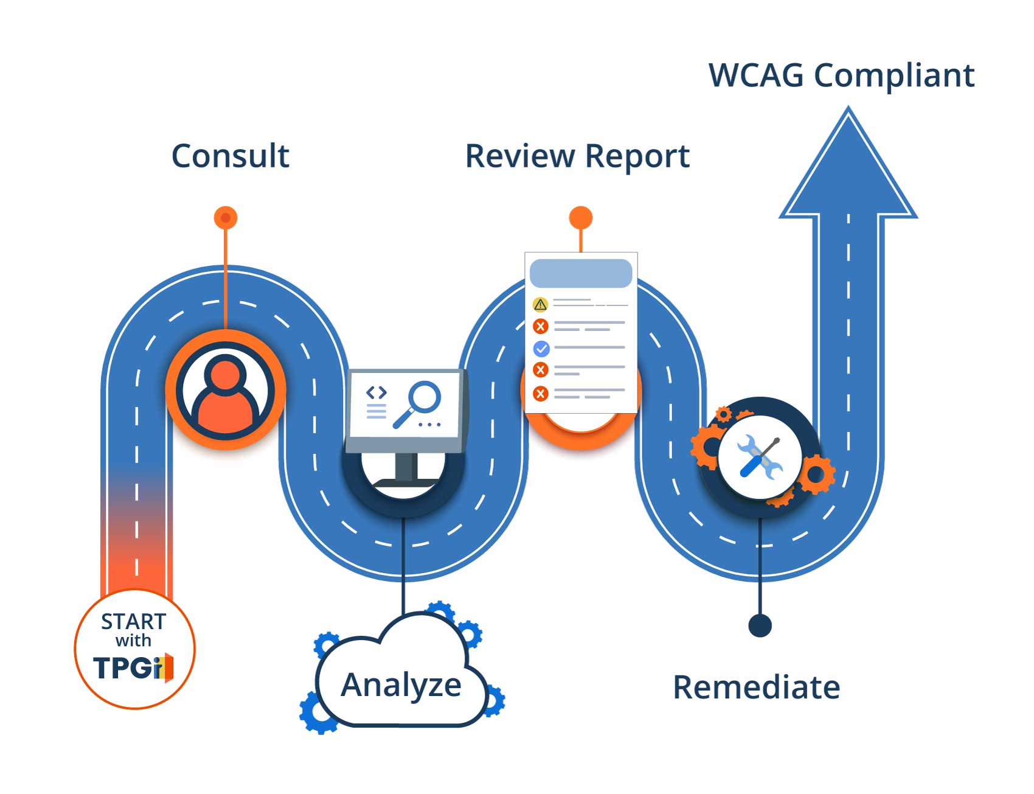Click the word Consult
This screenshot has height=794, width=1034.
tap(230, 156)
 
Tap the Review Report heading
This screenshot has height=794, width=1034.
tap(577, 156)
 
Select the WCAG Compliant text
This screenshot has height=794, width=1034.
tap(841, 75)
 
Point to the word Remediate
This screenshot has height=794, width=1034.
tap(756, 688)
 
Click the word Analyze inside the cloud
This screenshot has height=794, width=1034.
tap(401, 685)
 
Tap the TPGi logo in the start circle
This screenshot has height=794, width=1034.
tap(133, 668)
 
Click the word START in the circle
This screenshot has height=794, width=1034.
tap(133, 621)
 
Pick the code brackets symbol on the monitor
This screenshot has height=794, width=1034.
tap(376, 392)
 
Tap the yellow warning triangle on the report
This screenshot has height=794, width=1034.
tap(540, 304)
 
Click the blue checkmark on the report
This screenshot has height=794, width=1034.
tap(541, 349)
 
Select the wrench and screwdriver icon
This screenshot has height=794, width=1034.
tap(759, 458)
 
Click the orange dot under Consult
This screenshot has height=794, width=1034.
tap(226, 218)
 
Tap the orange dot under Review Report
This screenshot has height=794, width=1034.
tap(580, 218)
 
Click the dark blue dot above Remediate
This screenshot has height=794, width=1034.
tap(760, 625)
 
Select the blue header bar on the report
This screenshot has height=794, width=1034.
tap(580, 273)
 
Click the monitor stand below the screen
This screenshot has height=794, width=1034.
tap(406, 468)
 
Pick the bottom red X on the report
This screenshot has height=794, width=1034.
tap(540, 394)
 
